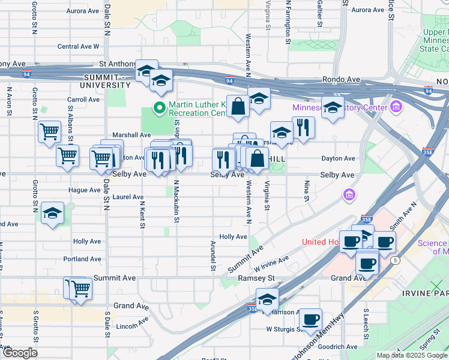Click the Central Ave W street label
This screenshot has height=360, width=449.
pos(78,46)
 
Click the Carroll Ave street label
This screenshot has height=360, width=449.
pos(83,100)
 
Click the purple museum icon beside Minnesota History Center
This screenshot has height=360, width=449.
pos(395,107)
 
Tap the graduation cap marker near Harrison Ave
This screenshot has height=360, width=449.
pos(267,298)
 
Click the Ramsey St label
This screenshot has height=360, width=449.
pos(256,278)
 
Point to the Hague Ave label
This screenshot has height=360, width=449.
pos(84,190)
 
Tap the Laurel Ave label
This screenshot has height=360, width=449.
pos(128,197)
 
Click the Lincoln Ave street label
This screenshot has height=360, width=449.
pos(133,325)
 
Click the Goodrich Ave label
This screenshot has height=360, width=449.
pos(339,347)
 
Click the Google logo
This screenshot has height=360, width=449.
pos(20,352)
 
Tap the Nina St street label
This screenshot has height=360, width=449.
pos(306,191)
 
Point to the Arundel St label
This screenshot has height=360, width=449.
pos(212,256)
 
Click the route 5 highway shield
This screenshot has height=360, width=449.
pos(394,260)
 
